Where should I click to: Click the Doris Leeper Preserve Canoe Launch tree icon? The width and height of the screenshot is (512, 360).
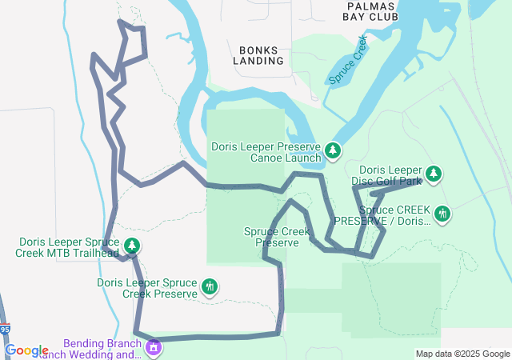[x=333, y=150]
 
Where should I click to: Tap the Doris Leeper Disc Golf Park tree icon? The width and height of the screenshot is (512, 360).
[x=434, y=173]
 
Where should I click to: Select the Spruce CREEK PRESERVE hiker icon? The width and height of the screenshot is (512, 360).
[x=441, y=214]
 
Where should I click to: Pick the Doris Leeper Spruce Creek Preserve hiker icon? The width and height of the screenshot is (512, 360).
[x=210, y=286]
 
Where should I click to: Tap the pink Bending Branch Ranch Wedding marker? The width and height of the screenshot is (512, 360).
[x=154, y=348]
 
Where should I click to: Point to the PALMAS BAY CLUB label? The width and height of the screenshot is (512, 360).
[x=370, y=10]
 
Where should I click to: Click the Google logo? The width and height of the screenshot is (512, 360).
[x=26, y=350]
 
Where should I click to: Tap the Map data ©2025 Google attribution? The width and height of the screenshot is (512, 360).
[x=462, y=354]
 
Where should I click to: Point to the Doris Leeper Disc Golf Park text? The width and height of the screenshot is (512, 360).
[x=390, y=175]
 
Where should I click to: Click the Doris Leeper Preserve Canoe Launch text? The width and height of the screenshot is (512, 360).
[x=267, y=152]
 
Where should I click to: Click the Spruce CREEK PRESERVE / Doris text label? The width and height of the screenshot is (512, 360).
[x=382, y=215]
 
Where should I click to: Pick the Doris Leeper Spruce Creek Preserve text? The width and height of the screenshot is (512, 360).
[x=147, y=288]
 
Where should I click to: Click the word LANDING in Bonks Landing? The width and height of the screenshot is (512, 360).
[x=258, y=60]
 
